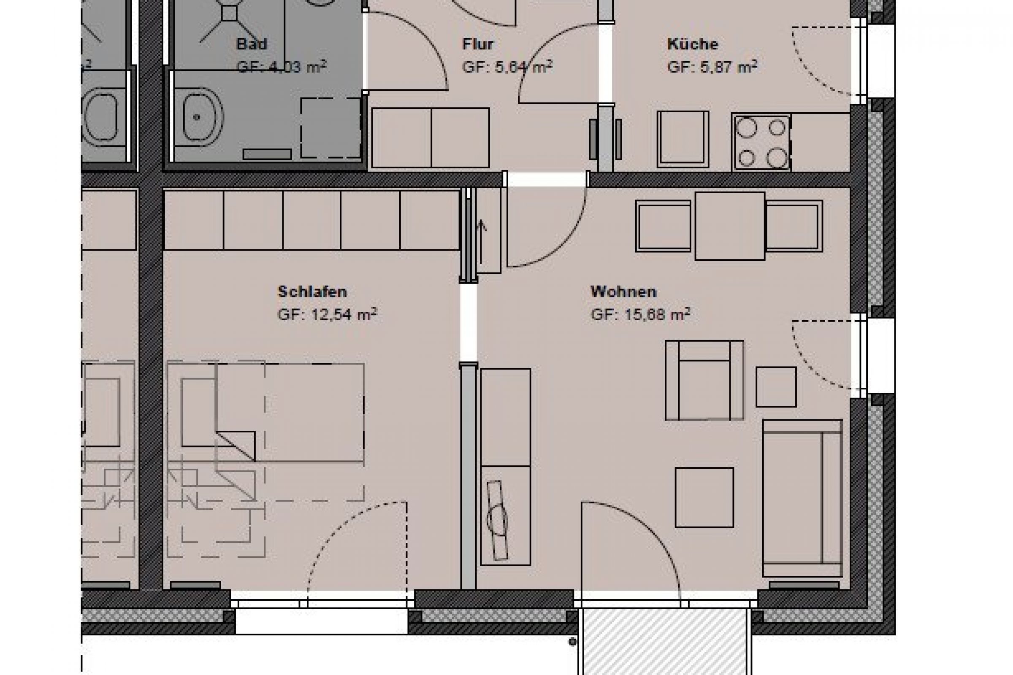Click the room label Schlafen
click(x=312, y=292)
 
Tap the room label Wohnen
click(x=623, y=292)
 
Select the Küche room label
click(x=693, y=44)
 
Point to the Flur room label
click(x=478, y=44)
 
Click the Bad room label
click(x=252, y=44)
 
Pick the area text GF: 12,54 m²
click(x=327, y=315)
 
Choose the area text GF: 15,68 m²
click(x=640, y=315)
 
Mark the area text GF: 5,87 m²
click(x=712, y=67)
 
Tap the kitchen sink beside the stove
click(x=683, y=139)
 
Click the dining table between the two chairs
click(x=730, y=226)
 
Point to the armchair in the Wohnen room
click(x=704, y=381)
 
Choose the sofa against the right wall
click(x=802, y=498)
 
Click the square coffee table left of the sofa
click(x=704, y=497)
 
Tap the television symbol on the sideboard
click(x=497, y=521)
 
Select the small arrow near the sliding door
click(x=482, y=226)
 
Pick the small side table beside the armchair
click(x=776, y=387)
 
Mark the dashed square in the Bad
click(x=330, y=128)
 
